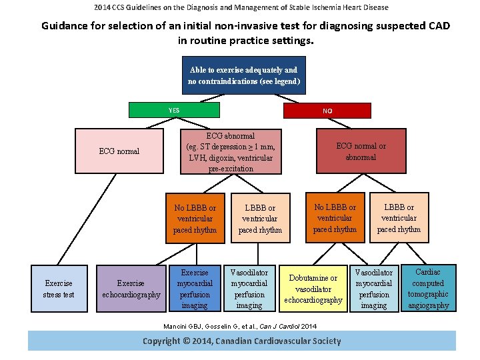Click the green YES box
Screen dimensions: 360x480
[x=174, y=110]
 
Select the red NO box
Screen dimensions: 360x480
[x=327, y=111]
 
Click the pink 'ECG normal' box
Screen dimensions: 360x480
[x=119, y=151]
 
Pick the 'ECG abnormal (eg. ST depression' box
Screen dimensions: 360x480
[x=231, y=152]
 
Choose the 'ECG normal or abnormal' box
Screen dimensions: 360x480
[x=361, y=151]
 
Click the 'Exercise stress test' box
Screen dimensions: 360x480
[x=59, y=289]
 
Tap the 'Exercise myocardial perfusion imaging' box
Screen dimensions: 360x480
[x=195, y=289]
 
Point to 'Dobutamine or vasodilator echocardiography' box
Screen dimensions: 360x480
[x=313, y=289]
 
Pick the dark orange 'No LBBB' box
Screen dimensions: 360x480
[x=335, y=218]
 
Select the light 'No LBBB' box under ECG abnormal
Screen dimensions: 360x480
[x=195, y=219]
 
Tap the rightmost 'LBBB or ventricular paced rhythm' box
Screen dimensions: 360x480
[x=399, y=218]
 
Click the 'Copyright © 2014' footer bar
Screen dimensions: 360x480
[x=241, y=341]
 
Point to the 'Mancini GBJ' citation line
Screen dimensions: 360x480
[x=241, y=326]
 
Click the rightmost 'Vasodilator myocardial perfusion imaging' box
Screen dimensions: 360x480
[x=373, y=289]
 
